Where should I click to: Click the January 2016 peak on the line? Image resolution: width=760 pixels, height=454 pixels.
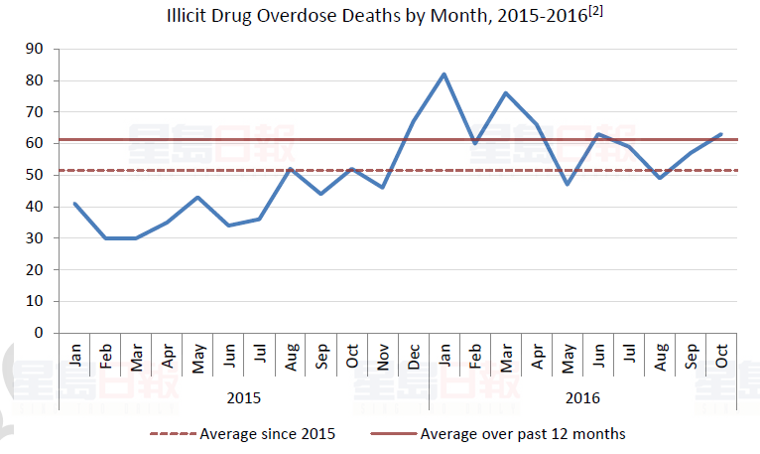point(443,74)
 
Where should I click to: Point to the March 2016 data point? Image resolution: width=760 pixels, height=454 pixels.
point(505,92)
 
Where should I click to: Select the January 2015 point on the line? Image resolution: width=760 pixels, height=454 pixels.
point(74,204)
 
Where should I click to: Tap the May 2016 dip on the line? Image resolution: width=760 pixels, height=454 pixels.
point(568,185)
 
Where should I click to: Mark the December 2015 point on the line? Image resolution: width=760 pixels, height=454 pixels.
point(413,121)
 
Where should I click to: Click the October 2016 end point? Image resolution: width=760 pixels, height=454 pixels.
point(721,134)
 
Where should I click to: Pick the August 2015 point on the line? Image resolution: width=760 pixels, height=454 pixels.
point(290,169)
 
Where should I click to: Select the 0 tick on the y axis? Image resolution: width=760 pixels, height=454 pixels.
point(40,333)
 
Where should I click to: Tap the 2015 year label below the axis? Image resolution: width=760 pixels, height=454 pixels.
point(243,398)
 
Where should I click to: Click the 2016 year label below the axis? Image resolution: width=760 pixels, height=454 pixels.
point(582,398)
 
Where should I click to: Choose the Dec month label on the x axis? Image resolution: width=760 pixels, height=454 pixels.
point(413,358)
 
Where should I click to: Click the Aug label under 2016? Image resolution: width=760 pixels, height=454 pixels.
point(660,358)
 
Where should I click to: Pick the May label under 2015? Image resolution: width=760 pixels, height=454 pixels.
point(197,358)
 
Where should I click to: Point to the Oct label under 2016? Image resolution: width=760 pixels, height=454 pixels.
point(721,358)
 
